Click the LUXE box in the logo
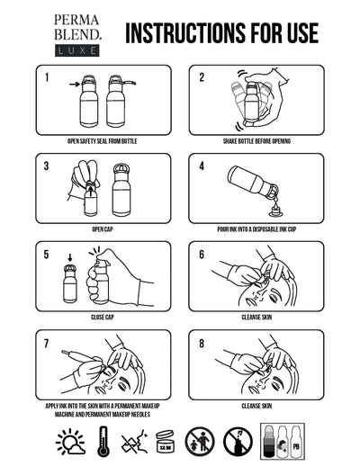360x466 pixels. click(x=76, y=50)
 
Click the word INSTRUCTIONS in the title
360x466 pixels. click(x=184, y=33)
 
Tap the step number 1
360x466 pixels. click(x=47, y=77)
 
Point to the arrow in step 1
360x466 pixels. click(x=75, y=85)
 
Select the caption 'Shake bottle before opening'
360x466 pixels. click(x=256, y=141)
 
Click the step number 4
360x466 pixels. click(x=202, y=166)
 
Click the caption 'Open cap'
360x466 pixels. click(x=103, y=229)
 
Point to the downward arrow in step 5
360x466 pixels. click(x=70, y=257)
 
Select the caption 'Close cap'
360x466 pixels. click(x=103, y=318)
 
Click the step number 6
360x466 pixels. click(x=202, y=255)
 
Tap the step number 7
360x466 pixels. click(x=46, y=344)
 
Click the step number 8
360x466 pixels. click(x=202, y=344)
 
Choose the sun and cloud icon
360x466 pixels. click(x=71, y=443)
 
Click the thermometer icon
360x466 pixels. click(x=103, y=442)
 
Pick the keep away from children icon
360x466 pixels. click(x=200, y=442)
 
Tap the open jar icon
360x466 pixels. click(x=166, y=442)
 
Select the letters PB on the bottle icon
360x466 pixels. click(x=296, y=447)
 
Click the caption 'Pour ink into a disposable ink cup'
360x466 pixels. click(x=256, y=229)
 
